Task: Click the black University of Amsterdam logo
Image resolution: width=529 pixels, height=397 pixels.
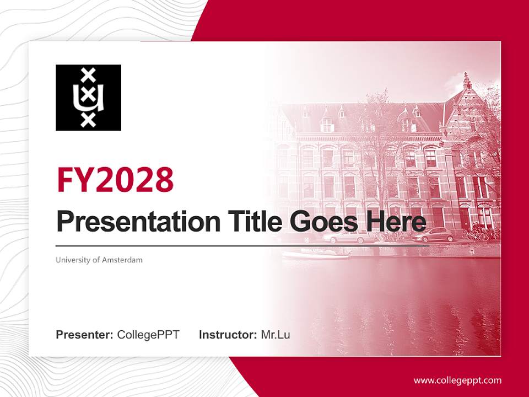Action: click(88, 98)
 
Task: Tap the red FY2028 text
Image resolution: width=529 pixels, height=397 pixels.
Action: click(115, 179)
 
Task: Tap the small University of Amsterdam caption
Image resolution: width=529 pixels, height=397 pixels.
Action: click(99, 260)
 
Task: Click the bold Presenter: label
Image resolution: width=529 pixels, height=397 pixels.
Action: click(85, 335)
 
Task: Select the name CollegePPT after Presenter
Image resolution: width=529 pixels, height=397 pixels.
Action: click(148, 335)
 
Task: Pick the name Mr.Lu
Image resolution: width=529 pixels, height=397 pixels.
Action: click(276, 335)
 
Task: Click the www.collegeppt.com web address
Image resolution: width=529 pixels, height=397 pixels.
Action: click(457, 380)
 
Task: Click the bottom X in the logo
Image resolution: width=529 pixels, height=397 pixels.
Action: click(88, 120)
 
